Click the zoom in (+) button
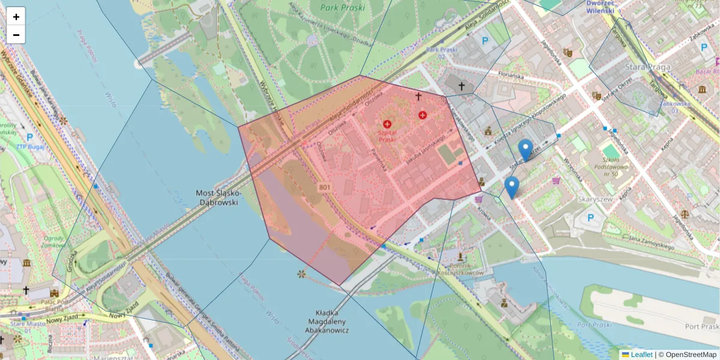coord(16,17)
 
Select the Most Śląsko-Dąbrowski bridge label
coord(218,197)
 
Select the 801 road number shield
coord(325,188)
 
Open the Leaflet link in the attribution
coord(641,355)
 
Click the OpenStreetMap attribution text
coord(691,355)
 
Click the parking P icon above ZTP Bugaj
coord(29,137)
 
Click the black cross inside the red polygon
coord(418,95)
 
